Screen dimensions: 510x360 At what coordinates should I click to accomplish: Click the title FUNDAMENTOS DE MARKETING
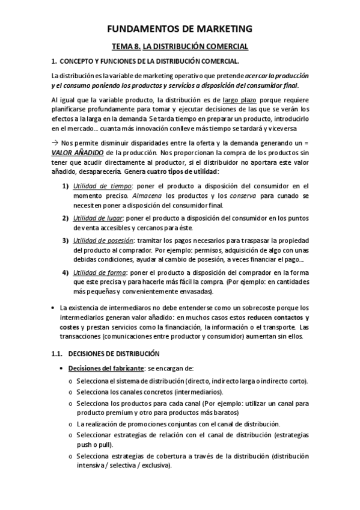pos(180,28)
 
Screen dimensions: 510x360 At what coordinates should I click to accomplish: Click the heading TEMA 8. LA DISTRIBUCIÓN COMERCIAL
pos(180,46)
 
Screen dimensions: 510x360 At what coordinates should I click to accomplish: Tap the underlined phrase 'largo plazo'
pos(239,100)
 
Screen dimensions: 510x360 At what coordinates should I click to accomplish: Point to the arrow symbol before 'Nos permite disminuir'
pos(55,144)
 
